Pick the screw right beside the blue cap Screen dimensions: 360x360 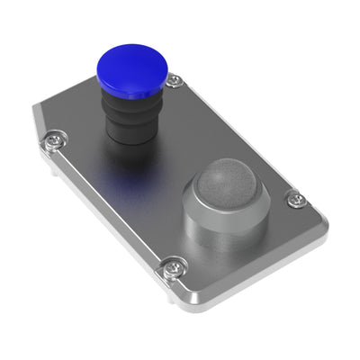[174, 81]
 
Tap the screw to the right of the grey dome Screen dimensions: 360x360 [294, 200]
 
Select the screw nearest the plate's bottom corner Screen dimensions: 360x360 [171, 266]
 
